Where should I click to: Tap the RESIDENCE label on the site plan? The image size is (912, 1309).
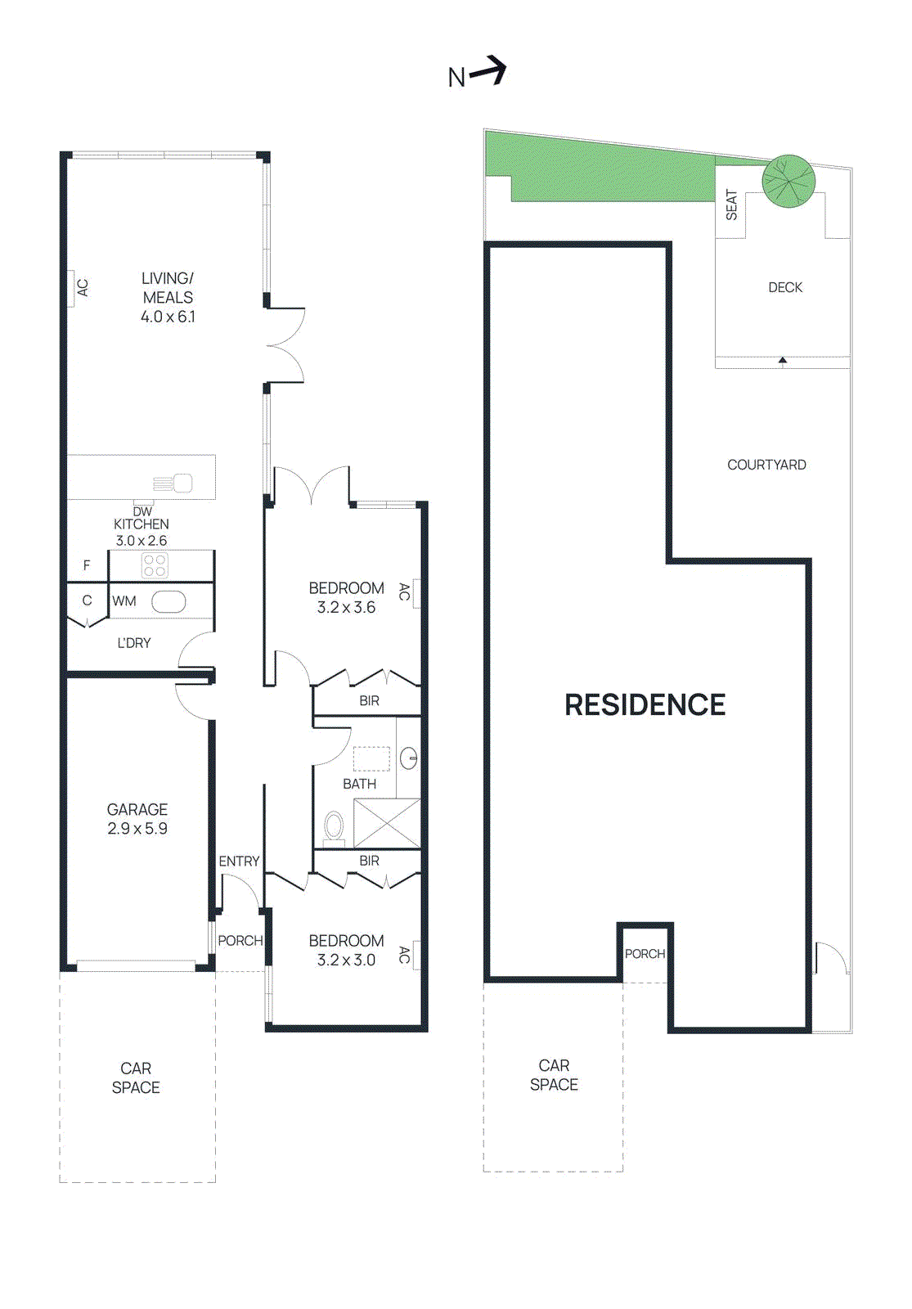point(645,704)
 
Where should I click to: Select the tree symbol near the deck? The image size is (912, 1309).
point(788,181)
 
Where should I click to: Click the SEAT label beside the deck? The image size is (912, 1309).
point(731,205)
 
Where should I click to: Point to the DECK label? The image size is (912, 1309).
point(784,287)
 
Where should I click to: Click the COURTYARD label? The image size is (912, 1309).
point(766,465)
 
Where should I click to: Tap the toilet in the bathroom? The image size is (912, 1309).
point(334,826)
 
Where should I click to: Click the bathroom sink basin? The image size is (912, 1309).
point(409,758)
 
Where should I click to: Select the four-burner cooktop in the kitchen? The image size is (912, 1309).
point(155,565)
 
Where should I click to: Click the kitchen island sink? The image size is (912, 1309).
point(182,484)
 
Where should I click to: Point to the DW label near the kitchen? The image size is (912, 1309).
point(142,511)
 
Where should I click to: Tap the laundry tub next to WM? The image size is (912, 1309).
point(168,601)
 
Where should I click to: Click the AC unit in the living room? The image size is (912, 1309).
point(71,288)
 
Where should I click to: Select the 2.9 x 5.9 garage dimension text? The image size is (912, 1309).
point(137,829)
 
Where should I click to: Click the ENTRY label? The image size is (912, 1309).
point(239,861)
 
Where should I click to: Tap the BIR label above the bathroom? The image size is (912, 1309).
point(369,701)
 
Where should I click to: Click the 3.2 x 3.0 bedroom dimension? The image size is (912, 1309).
point(346,960)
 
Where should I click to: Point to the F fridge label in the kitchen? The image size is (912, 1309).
point(87,565)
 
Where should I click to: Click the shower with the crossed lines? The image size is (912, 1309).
point(387,823)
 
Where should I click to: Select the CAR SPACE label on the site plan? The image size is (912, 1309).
point(554,1075)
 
